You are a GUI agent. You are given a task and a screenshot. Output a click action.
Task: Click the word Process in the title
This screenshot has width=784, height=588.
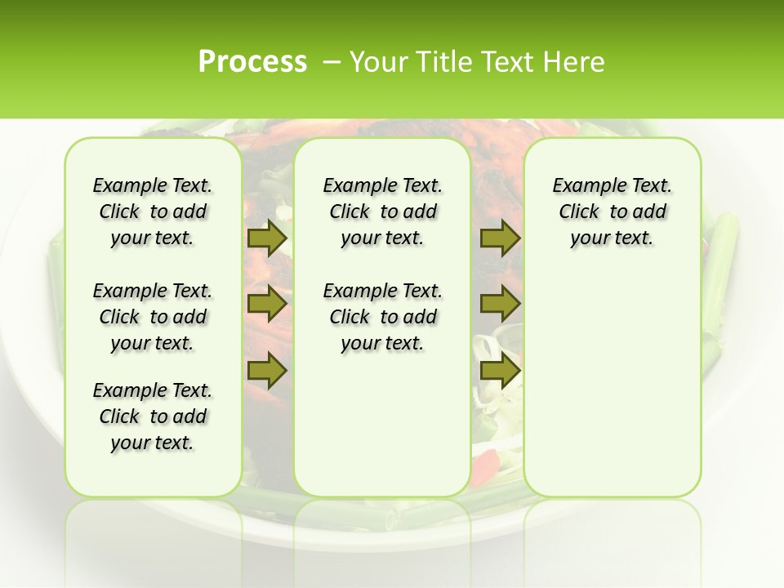point(252,62)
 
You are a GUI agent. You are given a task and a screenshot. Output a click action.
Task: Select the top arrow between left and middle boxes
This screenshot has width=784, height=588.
point(267,238)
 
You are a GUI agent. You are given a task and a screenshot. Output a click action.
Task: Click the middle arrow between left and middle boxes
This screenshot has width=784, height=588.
point(267,305)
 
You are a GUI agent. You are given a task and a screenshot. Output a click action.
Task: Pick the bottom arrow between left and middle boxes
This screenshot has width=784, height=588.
point(267,371)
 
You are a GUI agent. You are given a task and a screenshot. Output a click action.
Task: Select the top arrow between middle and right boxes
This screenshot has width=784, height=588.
point(500,238)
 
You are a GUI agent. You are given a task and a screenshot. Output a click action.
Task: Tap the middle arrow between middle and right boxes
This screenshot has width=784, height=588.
point(500,305)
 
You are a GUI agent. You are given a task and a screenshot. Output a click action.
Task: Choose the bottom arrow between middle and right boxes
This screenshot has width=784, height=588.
point(500,371)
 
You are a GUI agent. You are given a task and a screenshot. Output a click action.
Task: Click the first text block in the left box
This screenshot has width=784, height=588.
point(153,212)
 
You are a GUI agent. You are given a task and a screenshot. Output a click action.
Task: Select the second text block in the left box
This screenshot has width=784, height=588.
point(153,317)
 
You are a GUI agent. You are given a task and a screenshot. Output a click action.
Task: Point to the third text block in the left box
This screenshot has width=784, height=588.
point(153,416)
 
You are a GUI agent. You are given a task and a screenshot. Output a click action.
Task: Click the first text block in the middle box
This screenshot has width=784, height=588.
point(382,212)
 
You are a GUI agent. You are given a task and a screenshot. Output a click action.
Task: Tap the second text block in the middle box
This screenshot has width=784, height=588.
point(382,317)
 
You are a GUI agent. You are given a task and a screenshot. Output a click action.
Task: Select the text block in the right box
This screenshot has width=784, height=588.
point(612,212)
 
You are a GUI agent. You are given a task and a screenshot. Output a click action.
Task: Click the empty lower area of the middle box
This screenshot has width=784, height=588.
point(382,425)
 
